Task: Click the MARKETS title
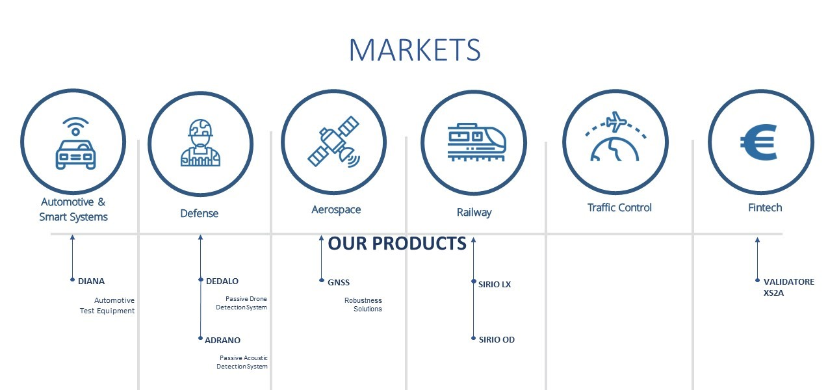point(415,50)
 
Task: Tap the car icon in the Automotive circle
point(75,155)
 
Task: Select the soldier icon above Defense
point(200,142)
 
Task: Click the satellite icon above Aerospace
point(334,142)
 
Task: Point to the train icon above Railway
point(476,142)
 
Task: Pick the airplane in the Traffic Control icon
point(617,122)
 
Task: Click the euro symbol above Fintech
point(758,142)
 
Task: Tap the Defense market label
point(200,213)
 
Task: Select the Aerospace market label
point(336,209)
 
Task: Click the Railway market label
point(474,212)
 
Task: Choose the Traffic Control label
point(619,208)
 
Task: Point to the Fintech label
point(765,208)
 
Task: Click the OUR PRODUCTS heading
point(397,243)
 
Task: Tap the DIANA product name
point(91,281)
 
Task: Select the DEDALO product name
point(222,281)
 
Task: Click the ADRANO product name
point(222,340)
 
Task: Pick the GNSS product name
point(339,283)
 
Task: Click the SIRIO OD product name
point(497,340)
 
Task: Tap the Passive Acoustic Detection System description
point(242,362)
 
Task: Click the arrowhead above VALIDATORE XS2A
point(757,240)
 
